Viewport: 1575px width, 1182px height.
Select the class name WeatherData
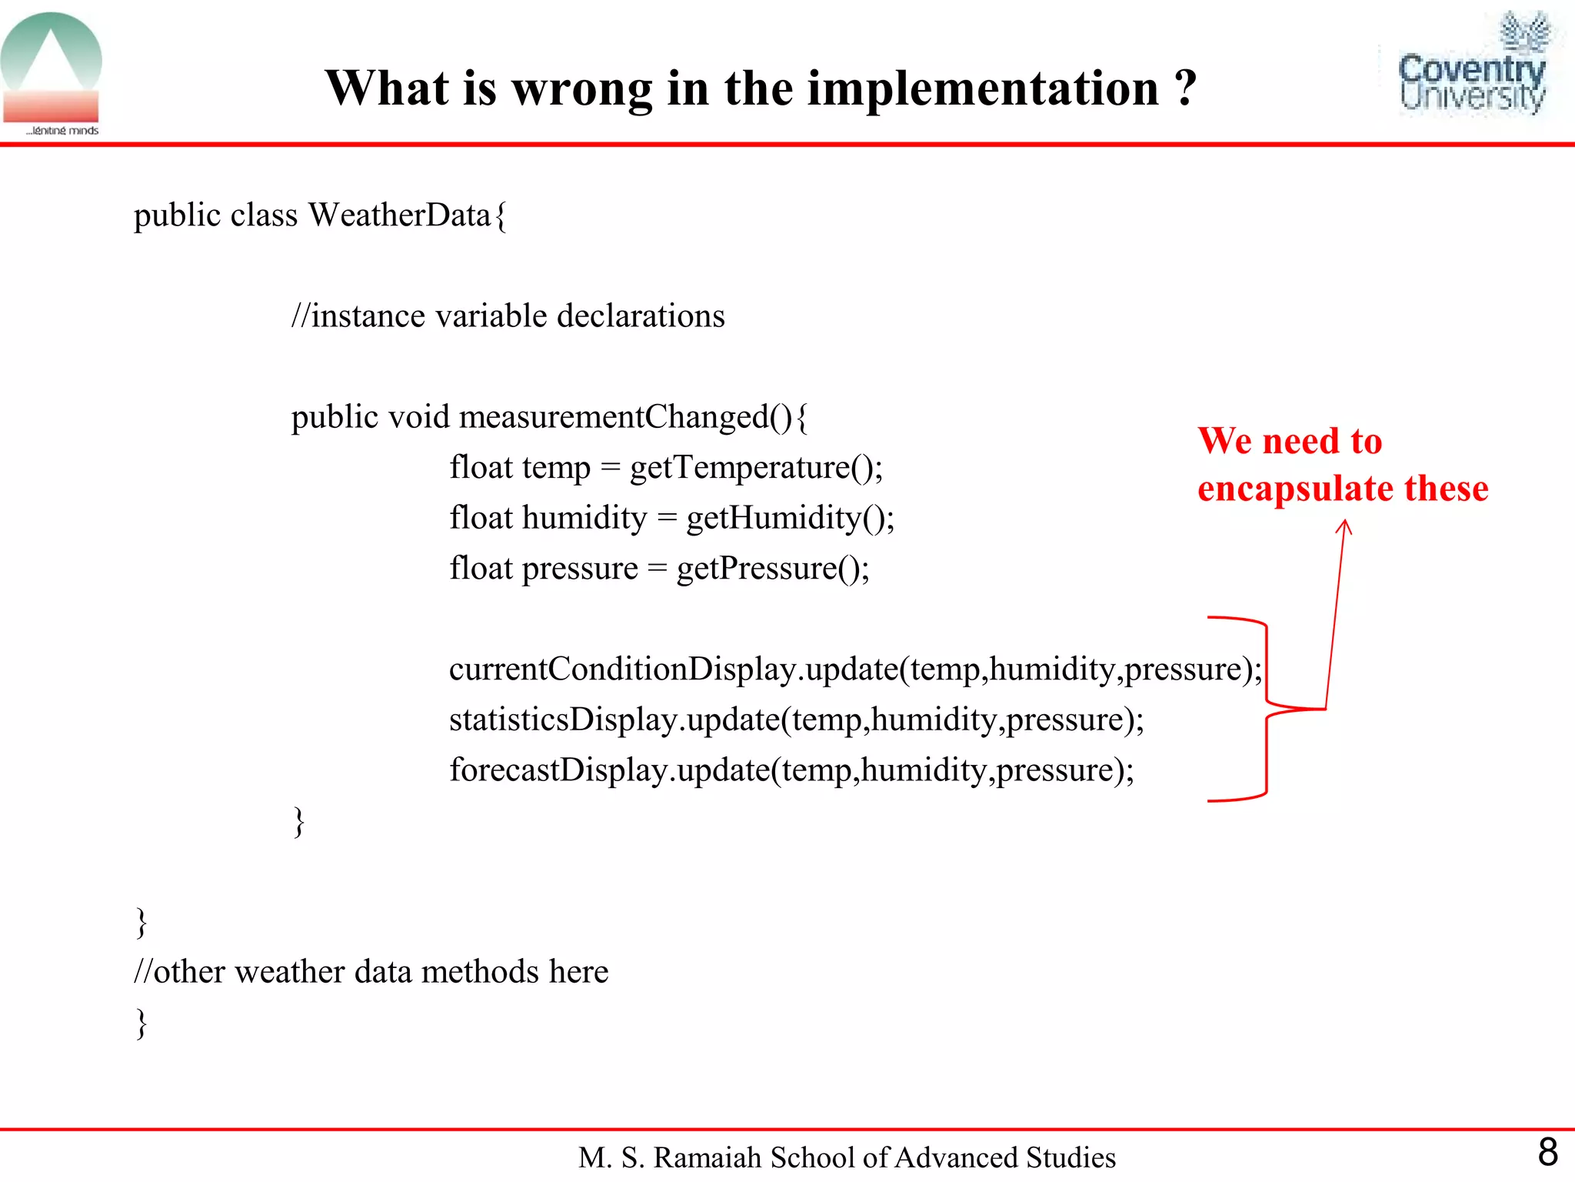point(400,215)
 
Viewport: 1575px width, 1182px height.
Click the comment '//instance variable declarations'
point(508,316)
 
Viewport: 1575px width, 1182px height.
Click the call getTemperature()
point(755,467)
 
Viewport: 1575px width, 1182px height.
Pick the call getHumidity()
point(789,517)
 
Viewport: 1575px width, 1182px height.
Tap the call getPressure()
point(772,568)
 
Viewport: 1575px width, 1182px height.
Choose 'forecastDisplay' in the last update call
point(558,770)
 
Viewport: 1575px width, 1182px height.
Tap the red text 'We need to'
point(1290,441)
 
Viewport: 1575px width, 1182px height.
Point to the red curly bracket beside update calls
point(1266,708)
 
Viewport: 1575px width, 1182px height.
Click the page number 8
point(1547,1152)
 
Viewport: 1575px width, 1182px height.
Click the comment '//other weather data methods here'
point(371,972)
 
